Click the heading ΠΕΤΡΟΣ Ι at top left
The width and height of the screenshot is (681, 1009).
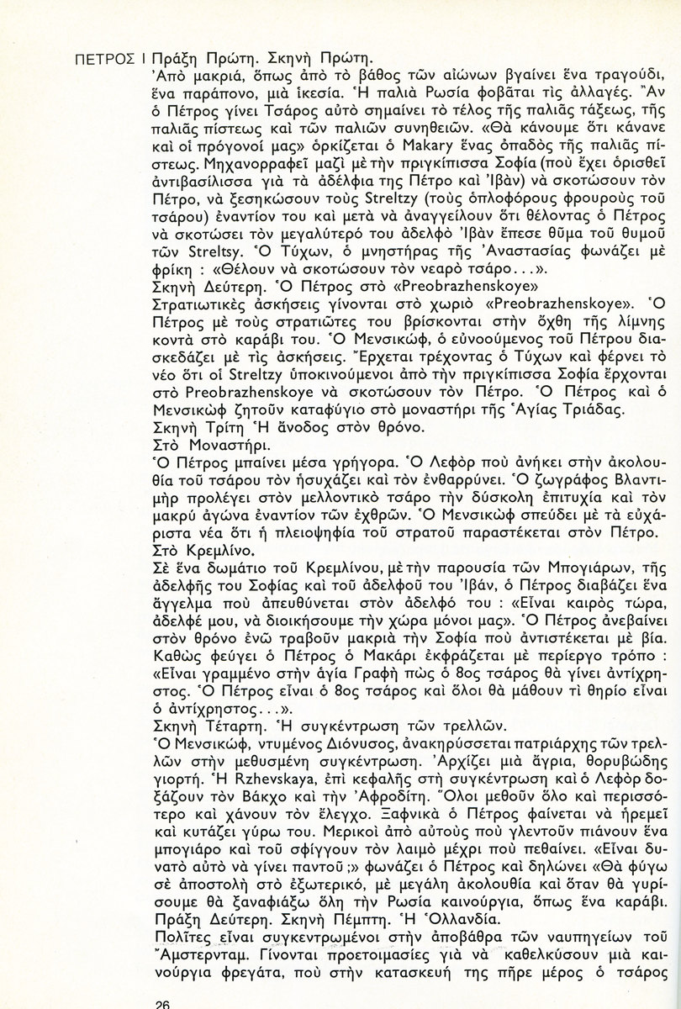click(x=107, y=61)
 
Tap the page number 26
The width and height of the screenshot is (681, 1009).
click(x=165, y=1002)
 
